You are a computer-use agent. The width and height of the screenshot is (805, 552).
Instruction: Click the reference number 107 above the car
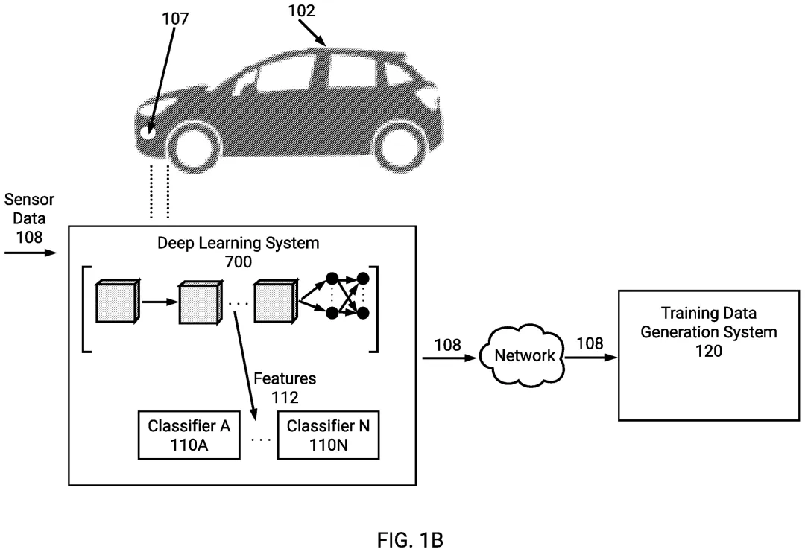pos(176,19)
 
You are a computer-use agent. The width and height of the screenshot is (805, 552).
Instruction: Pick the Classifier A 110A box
pos(189,436)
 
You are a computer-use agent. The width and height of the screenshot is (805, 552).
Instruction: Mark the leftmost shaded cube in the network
pos(116,303)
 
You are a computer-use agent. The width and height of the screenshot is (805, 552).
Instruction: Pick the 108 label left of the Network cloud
pos(447,345)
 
